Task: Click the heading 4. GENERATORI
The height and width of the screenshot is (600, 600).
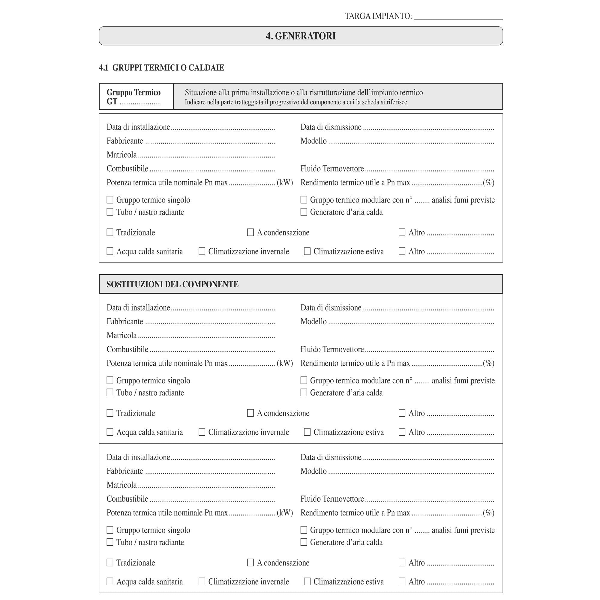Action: [301, 36]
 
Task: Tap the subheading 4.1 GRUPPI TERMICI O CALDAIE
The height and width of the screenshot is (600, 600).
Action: [161, 68]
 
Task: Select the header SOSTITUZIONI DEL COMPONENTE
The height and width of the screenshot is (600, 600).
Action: [172, 284]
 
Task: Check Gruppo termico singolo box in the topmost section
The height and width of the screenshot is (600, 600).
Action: [110, 200]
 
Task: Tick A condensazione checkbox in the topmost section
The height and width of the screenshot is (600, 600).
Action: [250, 232]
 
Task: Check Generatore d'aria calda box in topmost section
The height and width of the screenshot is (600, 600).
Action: [304, 212]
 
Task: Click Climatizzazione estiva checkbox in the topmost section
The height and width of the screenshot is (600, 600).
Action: [307, 251]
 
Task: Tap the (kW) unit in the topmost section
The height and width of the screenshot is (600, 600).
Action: [285, 183]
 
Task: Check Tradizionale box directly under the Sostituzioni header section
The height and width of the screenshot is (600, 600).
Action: [110, 413]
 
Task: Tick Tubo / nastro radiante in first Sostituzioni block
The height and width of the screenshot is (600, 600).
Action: [110, 392]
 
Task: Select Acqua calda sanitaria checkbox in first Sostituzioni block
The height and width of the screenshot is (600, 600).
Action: [110, 432]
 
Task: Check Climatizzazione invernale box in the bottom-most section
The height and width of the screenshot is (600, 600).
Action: [202, 581]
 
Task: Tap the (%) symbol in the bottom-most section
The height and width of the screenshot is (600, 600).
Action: [488, 513]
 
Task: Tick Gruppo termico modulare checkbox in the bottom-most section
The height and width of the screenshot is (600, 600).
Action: [304, 530]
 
